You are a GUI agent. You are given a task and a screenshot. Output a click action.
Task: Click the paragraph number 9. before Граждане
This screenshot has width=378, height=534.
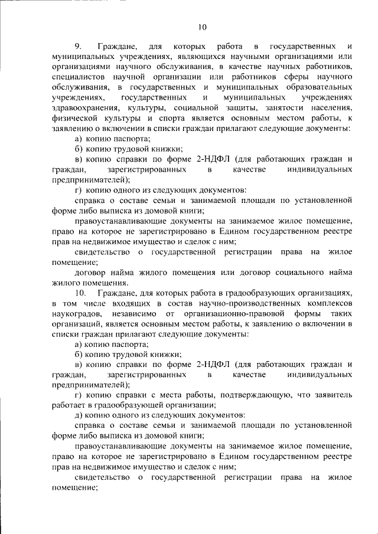point(78,45)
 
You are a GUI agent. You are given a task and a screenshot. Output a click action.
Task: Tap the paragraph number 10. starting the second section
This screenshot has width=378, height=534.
point(80,293)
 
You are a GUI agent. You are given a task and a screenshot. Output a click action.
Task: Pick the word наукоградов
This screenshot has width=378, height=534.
point(78,313)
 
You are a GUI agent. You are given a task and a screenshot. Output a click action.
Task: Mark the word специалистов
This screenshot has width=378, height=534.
point(79,77)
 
